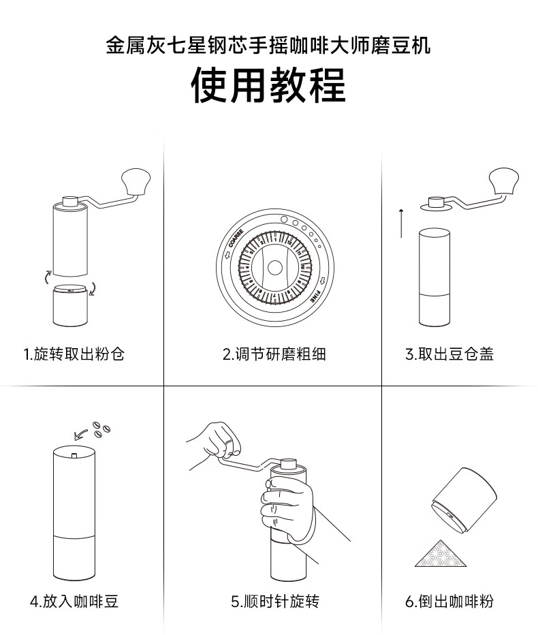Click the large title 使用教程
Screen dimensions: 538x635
268,85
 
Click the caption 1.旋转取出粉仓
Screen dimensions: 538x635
74,354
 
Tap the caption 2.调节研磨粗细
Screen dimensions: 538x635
274,354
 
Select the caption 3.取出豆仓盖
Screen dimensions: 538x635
449,354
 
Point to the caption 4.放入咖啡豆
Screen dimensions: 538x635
74,601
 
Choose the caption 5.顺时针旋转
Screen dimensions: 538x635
275,601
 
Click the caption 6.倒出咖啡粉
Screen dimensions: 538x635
449,601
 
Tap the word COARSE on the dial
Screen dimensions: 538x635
236,238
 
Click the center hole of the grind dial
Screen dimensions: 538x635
275,267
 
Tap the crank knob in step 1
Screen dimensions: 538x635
136,181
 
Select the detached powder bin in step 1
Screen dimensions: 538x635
70,305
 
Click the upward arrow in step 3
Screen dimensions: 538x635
401,223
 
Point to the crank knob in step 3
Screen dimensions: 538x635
503,181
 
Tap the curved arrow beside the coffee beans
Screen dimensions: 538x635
81,435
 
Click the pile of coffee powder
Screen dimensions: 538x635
441,553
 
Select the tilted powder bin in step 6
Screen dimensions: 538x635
464,499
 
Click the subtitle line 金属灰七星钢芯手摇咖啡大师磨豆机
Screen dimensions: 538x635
268,45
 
